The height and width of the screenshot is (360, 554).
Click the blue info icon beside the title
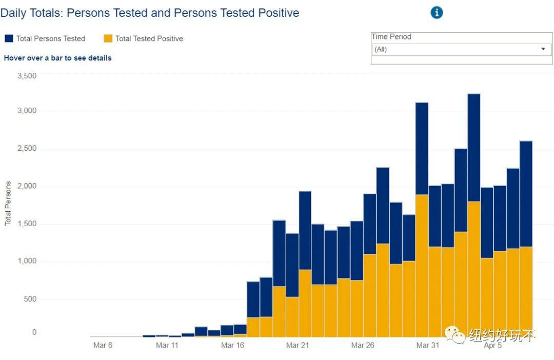click(437, 13)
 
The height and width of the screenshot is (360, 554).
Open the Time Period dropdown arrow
click(543, 49)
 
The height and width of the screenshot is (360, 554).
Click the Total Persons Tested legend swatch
click(9, 38)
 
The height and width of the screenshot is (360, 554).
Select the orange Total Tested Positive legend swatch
click(108, 38)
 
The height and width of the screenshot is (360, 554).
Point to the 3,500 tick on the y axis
click(27, 76)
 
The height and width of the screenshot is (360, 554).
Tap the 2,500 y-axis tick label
click(27, 148)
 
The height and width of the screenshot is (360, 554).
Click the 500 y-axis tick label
click(30, 299)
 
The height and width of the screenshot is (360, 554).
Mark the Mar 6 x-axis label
click(103, 345)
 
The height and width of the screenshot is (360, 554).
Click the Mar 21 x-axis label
click(298, 345)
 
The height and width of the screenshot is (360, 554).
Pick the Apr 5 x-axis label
click(493, 345)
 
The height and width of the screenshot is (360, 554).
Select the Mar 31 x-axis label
click(428, 345)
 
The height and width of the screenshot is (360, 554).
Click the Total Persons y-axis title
click(8, 204)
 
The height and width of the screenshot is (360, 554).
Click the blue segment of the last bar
click(526, 194)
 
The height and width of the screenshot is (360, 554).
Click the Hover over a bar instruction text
click(57, 58)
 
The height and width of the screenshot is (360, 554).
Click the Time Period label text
click(391, 37)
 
